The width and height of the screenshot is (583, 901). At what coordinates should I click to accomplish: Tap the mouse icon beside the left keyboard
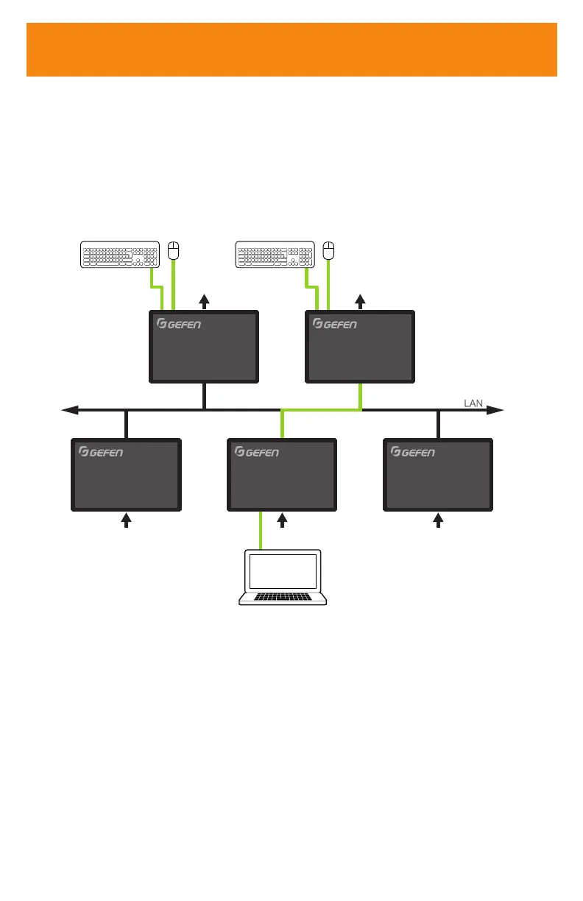(174, 250)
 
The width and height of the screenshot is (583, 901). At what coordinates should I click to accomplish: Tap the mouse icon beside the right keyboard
(329, 250)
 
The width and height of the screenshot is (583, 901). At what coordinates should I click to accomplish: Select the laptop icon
(283, 578)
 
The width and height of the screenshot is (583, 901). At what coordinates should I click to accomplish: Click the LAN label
(473, 403)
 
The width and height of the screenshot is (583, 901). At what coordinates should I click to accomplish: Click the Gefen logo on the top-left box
(180, 324)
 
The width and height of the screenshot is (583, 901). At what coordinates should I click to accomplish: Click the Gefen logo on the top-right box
(335, 324)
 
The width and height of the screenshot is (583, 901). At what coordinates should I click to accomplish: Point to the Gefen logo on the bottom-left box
(102, 452)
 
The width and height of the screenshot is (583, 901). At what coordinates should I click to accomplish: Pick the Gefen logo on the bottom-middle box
(257, 452)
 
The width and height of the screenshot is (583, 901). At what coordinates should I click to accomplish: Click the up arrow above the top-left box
(205, 300)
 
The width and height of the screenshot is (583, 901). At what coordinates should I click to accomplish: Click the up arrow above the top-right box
(360, 300)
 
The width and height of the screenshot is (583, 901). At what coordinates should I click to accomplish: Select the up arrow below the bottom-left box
(127, 520)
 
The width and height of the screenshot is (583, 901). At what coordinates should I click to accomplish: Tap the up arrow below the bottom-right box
(438, 520)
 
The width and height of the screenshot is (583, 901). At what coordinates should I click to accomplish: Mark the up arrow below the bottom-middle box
(283, 520)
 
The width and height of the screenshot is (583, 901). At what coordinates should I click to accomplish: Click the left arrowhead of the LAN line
(69, 410)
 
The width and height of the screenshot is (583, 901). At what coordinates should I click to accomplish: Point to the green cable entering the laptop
(261, 531)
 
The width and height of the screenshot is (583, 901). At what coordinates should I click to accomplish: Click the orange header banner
(291, 49)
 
